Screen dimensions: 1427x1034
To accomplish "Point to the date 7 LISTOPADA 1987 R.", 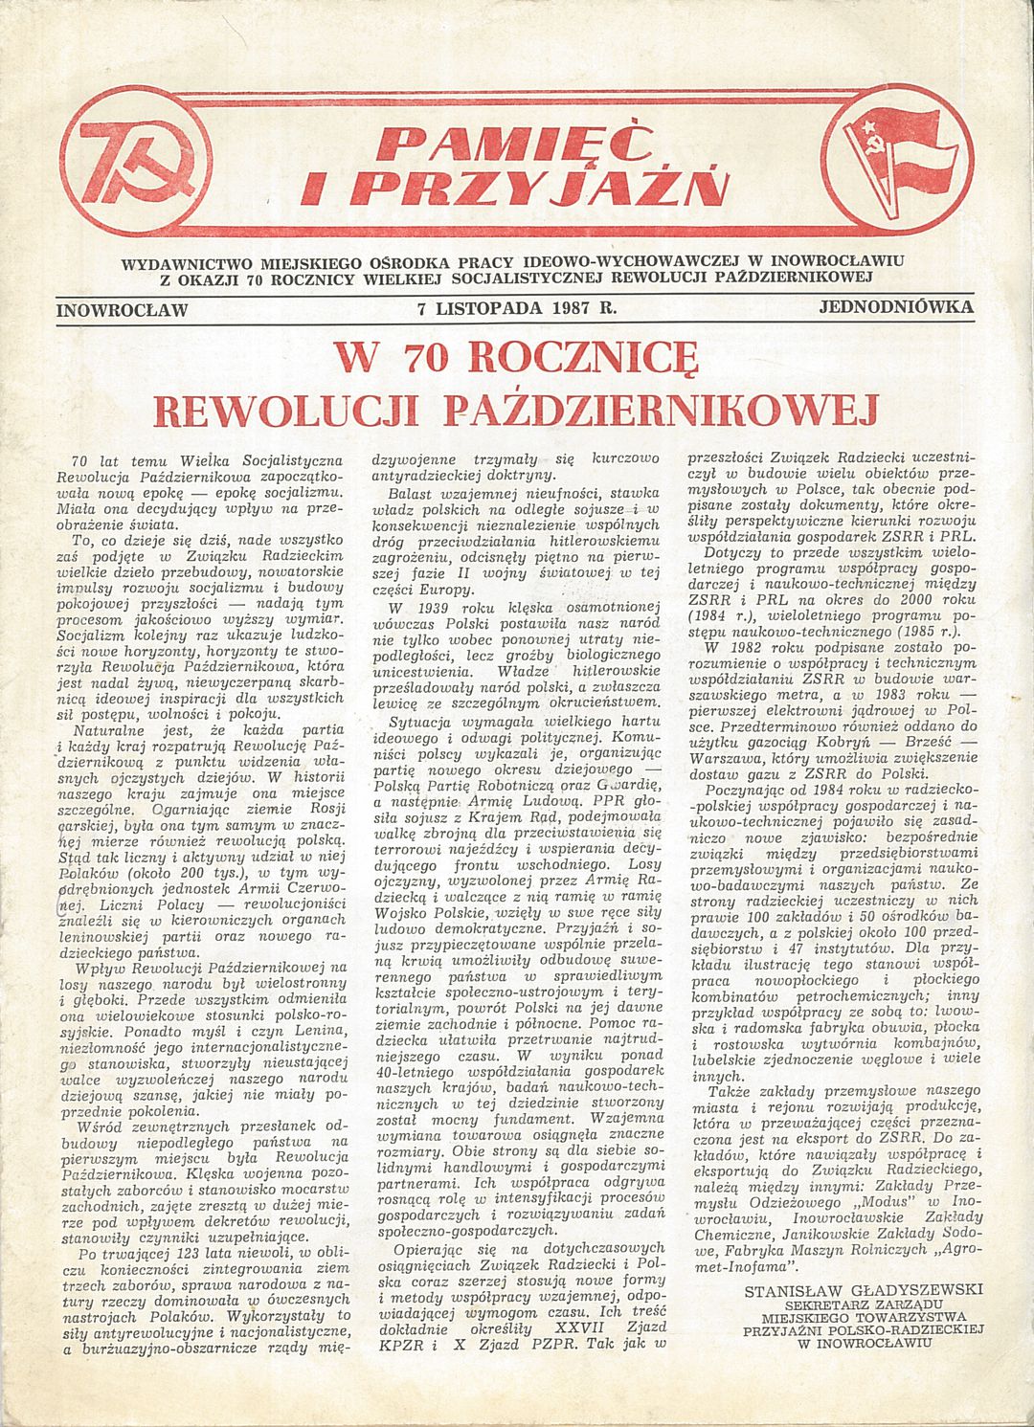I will [x=516, y=308].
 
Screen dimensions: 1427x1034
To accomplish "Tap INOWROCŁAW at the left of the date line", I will [x=122, y=309].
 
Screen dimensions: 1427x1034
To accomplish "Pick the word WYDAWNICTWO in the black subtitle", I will [x=182, y=260].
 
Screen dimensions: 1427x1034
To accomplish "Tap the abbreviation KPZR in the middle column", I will [x=393, y=1346].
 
